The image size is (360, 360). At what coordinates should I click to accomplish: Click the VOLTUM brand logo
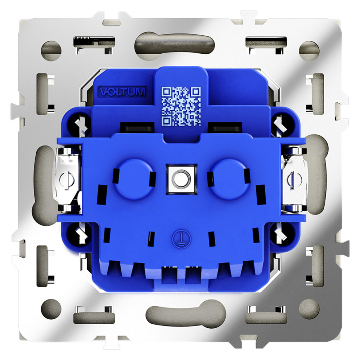(122, 91)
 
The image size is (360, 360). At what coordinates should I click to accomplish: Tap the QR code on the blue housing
(181, 106)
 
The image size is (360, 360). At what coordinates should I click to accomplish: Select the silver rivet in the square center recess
(181, 179)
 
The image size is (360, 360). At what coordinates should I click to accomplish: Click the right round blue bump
(229, 179)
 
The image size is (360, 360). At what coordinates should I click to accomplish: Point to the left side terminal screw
(67, 179)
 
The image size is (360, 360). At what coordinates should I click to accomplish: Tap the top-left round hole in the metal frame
(51, 51)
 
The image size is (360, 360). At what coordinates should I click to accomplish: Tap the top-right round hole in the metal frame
(309, 51)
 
